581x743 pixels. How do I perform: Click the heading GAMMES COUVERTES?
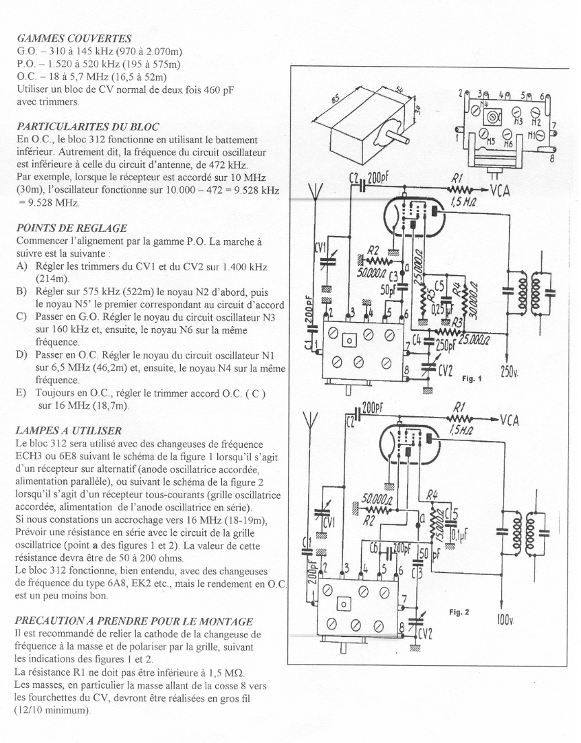[74, 39]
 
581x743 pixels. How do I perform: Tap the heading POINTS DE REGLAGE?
[73, 228]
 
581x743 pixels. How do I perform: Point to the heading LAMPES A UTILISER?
[68, 430]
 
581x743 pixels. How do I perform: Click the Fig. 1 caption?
[472, 378]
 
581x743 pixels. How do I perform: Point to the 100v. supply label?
[506, 621]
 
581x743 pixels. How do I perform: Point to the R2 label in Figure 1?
[374, 249]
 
